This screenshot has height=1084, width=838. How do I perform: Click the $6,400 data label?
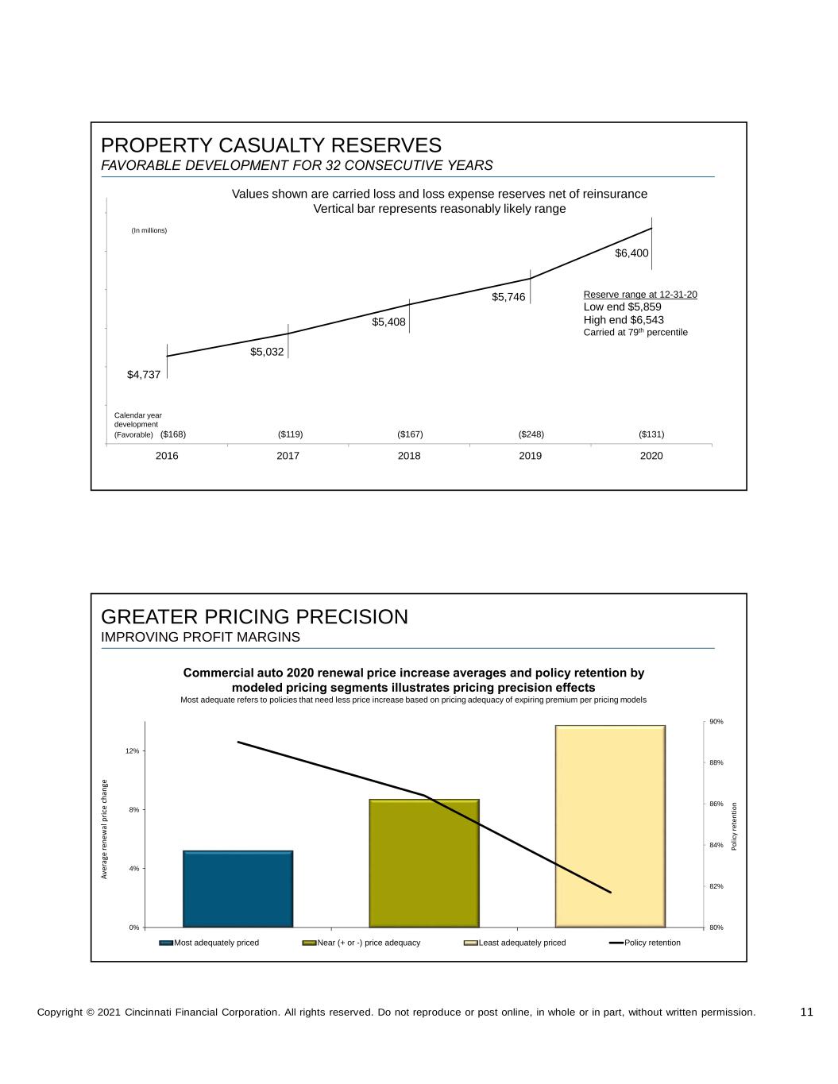coord(631,253)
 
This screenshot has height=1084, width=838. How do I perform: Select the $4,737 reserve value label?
coord(144,375)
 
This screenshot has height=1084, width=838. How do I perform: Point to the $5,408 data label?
coord(388,322)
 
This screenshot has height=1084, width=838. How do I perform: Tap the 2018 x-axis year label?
coord(409,456)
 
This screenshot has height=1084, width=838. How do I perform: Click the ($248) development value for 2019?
coord(531,434)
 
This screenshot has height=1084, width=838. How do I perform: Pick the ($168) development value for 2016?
coord(173,434)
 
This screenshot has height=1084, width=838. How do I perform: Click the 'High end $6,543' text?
coord(624,320)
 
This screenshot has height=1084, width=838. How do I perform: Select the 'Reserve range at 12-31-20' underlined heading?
coord(640,295)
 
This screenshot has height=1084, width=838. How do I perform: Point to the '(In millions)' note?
coord(149,230)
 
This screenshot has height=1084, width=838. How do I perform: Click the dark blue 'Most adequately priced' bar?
coord(237,889)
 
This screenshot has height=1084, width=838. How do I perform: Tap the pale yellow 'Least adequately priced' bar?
coord(610,826)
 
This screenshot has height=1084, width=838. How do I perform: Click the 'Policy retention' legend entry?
coord(644,943)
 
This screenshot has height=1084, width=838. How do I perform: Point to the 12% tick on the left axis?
coord(133,750)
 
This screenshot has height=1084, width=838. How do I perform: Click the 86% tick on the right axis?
coord(716,804)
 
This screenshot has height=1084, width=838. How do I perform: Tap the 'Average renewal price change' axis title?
coord(104,829)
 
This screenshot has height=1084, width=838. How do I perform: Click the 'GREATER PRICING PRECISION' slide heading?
coord(254,617)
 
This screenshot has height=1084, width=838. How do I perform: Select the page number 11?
coord(806,1012)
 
